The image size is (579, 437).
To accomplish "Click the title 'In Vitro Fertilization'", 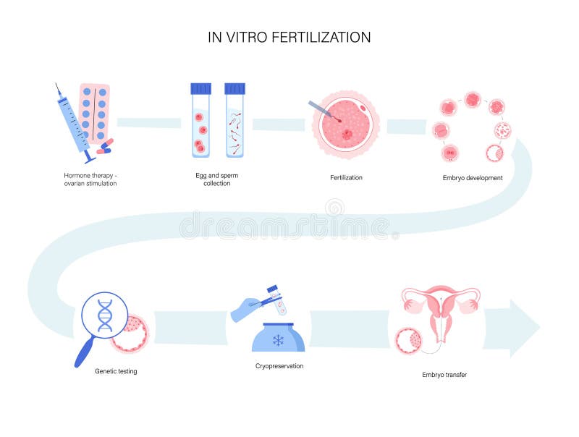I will coord(289,37).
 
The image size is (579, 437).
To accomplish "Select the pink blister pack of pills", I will coord(95,112).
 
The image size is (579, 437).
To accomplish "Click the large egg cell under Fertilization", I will coord(345,125).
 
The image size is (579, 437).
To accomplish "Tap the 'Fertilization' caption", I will coord(346,177).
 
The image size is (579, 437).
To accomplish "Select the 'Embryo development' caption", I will coord(472,177).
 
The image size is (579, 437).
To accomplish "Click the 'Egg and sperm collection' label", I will coord(216,179).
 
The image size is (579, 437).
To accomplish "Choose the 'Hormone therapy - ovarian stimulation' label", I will coord(90,179).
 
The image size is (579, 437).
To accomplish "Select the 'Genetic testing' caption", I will coord(116,371).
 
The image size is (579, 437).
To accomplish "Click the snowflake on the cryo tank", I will coord(278,339).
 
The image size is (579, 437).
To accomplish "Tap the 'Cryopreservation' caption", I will coord(279,366).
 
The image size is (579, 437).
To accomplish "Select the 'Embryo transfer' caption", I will coord(444,375).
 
